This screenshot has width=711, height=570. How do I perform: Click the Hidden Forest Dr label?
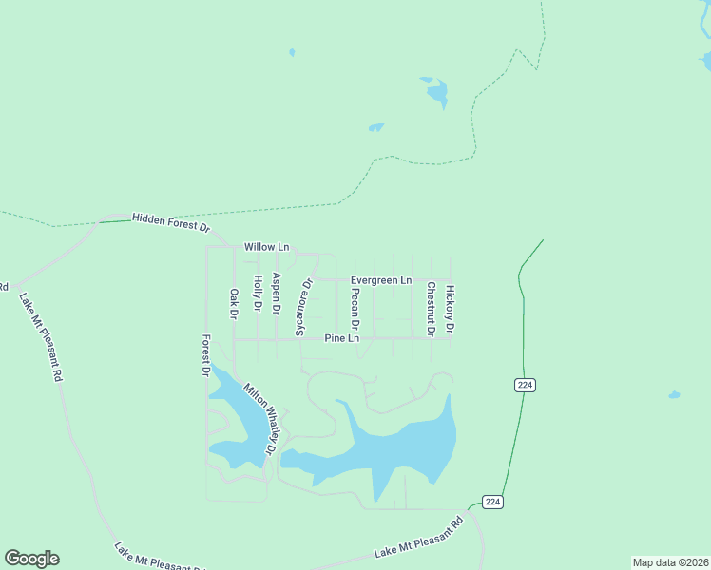170,221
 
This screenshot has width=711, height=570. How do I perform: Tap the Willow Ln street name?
266,247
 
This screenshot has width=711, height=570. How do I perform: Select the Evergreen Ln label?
381,280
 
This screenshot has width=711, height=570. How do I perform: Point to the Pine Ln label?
342,338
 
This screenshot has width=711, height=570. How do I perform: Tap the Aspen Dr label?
277,294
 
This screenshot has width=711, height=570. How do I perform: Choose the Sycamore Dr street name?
302,307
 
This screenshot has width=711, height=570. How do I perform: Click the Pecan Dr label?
355,309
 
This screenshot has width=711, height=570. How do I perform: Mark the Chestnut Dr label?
431,309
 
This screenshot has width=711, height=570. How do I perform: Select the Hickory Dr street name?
451,310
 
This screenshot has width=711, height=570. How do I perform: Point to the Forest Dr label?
204,355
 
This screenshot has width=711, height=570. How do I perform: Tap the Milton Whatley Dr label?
259,419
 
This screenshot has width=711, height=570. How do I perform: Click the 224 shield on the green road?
526,385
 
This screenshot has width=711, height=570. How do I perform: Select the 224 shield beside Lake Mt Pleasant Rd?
492,501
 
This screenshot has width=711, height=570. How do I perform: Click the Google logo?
31,559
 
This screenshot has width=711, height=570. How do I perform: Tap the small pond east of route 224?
674,394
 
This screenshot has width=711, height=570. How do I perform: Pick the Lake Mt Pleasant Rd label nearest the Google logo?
157,559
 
